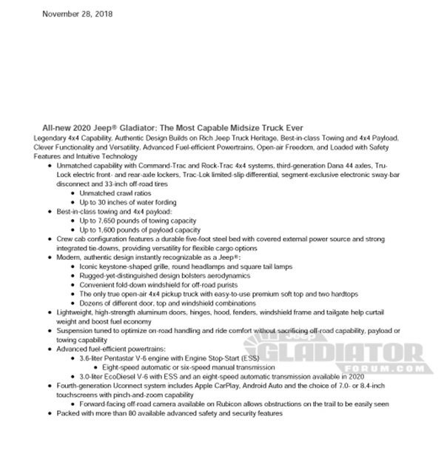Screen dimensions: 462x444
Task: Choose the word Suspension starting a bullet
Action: [75, 330]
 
